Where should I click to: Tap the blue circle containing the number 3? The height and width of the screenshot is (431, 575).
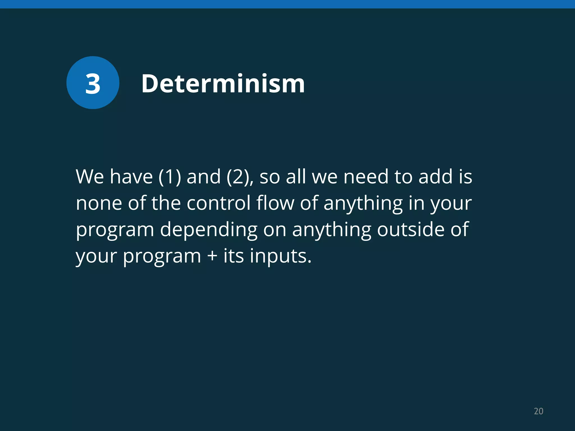93,83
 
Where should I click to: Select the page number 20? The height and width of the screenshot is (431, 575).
539,411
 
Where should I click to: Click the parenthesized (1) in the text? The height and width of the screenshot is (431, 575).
170,177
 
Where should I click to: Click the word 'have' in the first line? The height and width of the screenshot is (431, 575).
131,177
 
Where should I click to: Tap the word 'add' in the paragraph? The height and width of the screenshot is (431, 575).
435,177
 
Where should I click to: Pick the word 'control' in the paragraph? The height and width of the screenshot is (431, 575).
218,203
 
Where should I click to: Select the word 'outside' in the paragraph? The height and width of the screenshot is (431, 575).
410,230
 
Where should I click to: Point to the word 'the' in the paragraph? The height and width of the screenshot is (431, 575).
166,203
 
